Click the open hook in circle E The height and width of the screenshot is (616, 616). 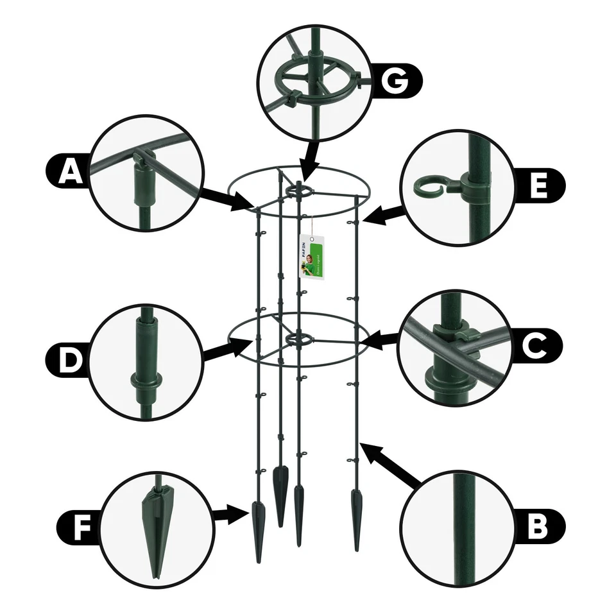point(427,188)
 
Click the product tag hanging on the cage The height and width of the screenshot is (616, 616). point(312,257)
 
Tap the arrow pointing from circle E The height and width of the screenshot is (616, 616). point(387,213)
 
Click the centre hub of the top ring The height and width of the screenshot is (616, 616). point(299,188)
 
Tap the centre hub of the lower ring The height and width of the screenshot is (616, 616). point(297,338)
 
